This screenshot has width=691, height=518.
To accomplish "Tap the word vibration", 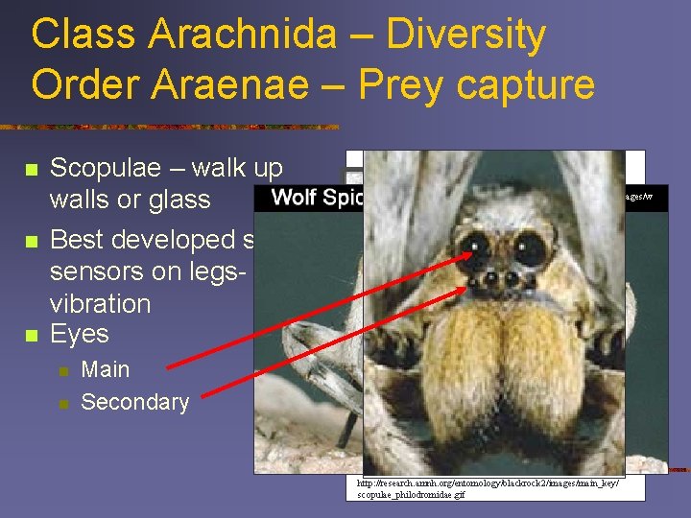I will coord(100,303).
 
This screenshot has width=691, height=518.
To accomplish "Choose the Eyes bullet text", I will coord(80,334).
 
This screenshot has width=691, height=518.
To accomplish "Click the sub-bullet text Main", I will coord(106,369).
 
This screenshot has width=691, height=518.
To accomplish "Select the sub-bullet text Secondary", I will coord(135,402).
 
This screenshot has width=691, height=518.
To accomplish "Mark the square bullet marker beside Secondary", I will coord(63,404).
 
